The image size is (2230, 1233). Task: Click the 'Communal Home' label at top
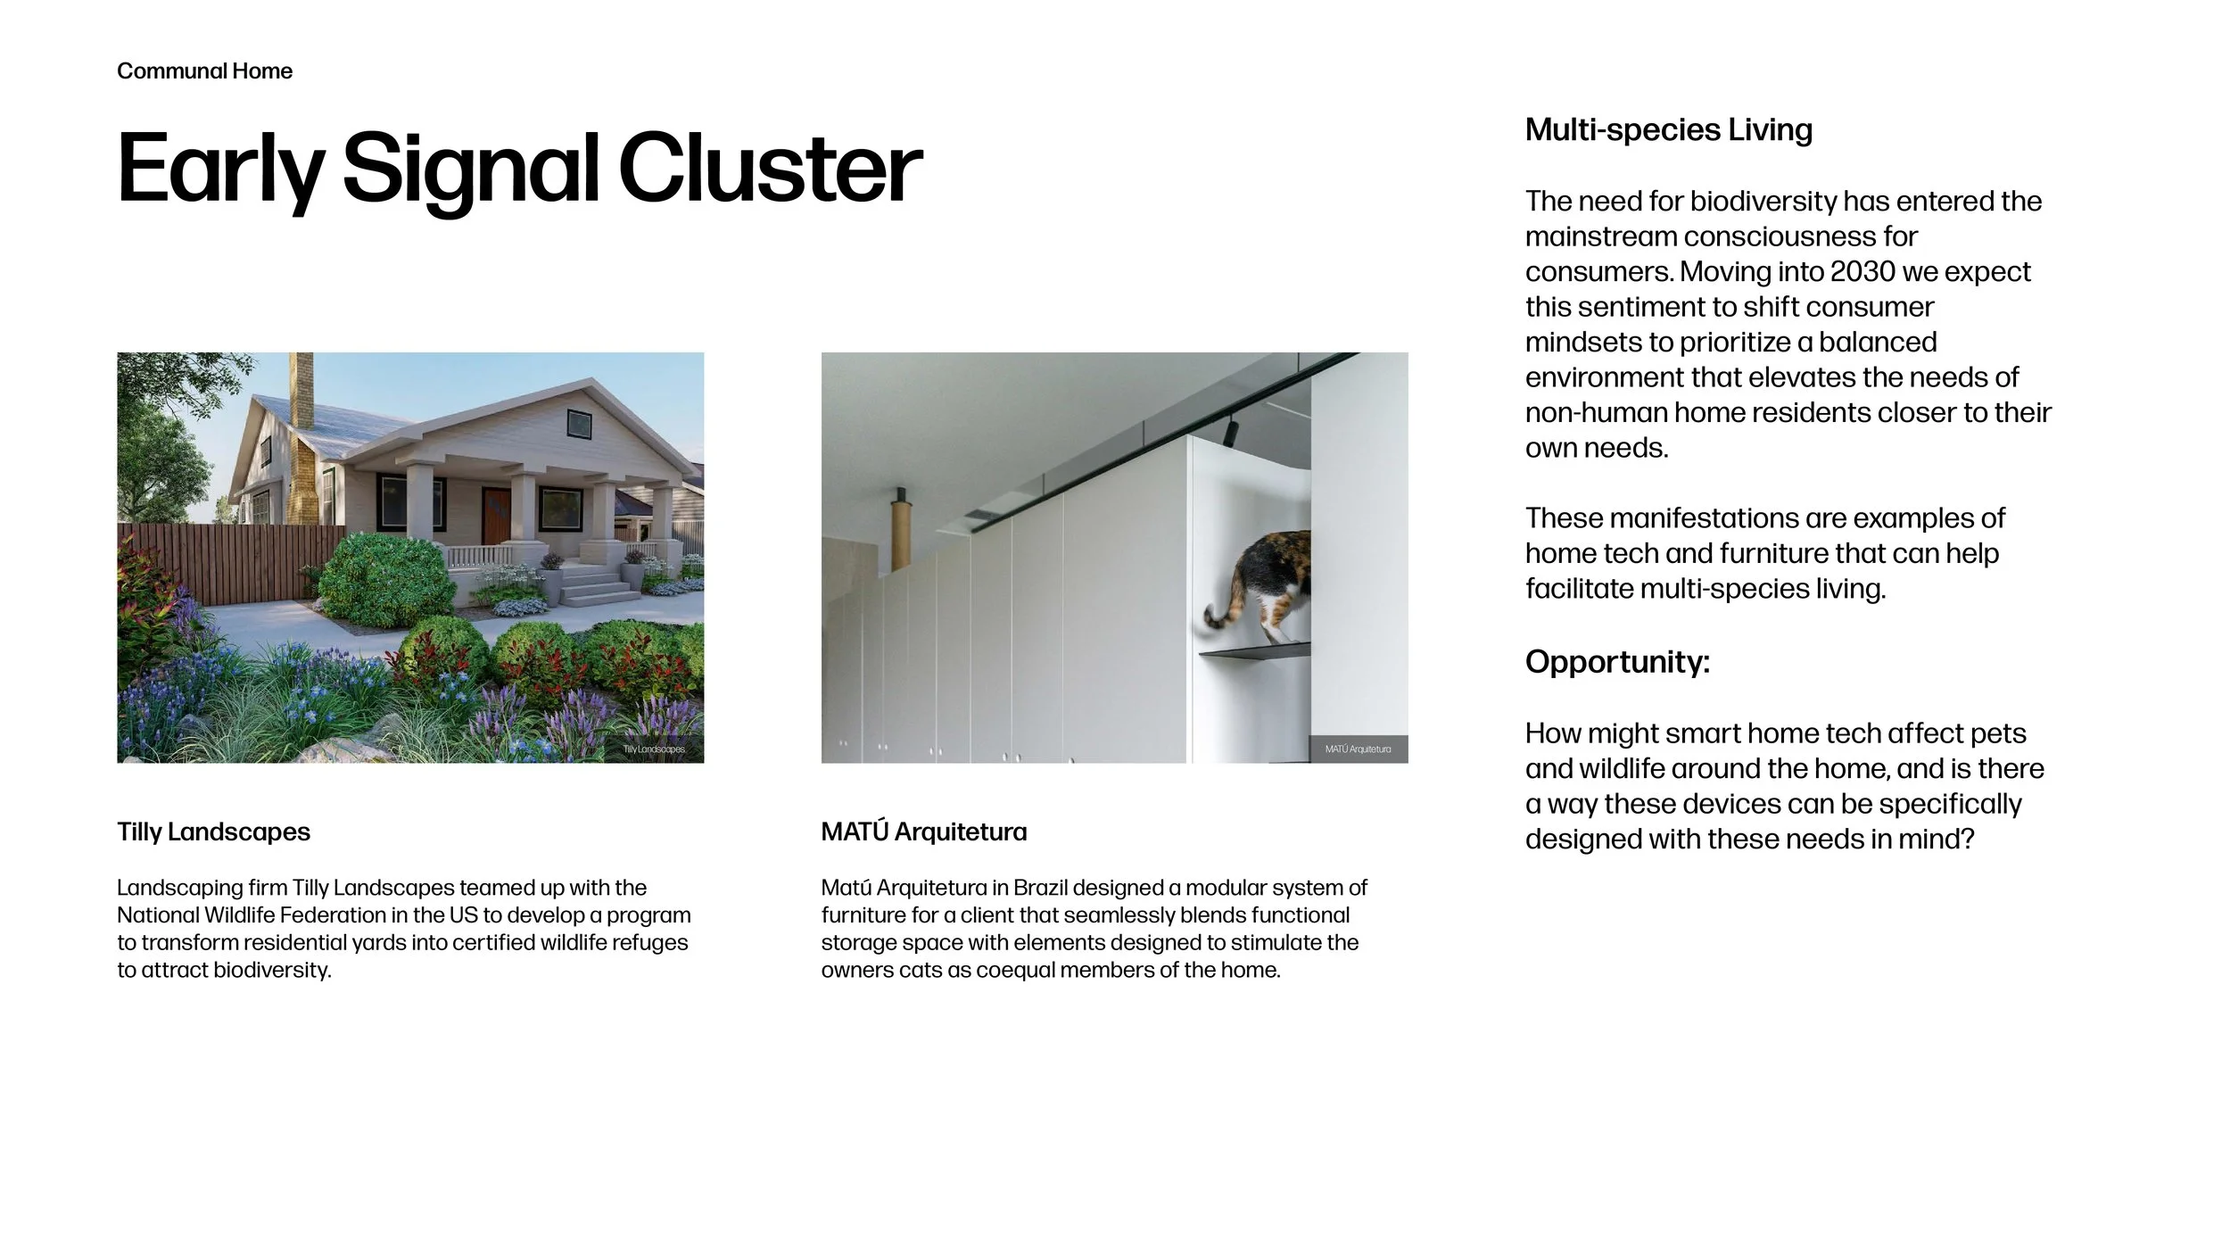point(204,71)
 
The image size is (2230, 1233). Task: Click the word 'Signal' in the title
point(469,170)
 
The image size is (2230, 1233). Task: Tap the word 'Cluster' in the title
point(770,170)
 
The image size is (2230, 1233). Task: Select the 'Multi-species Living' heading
point(1668,130)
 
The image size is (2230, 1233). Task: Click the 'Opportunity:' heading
point(1617,662)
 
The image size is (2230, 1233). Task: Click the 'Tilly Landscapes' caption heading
point(213,832)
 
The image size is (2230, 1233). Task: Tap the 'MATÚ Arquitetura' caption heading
point(924,832)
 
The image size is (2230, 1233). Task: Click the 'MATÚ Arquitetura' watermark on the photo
point(1358,749)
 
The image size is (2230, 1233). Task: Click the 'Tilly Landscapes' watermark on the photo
point(654,749)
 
